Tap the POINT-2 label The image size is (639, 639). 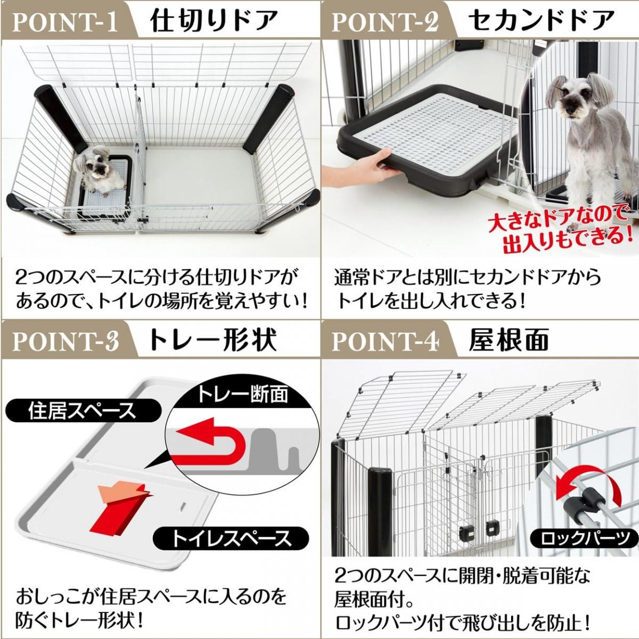[x=385, y=21]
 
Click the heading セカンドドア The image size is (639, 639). [x=541, y=21]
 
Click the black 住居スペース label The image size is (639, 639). [x=83, y=411]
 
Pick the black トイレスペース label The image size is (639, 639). [x=231, y=538]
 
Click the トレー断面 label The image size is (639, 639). [x=242, y=395]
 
